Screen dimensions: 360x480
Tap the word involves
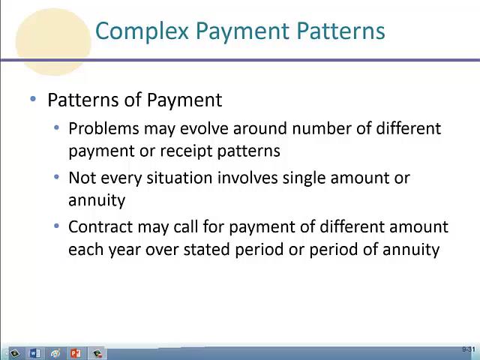tap(245, 178)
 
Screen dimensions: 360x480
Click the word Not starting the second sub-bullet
tap(81, 178)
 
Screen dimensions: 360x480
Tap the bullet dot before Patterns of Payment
tap(33, 100)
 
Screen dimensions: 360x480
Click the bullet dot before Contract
tap(57, 226)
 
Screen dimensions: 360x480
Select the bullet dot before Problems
tap(57, 127)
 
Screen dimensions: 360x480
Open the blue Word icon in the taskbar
tap(34, 353)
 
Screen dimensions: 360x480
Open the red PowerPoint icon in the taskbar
tap(75, 353)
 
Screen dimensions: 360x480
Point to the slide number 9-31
tap(469, 350)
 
